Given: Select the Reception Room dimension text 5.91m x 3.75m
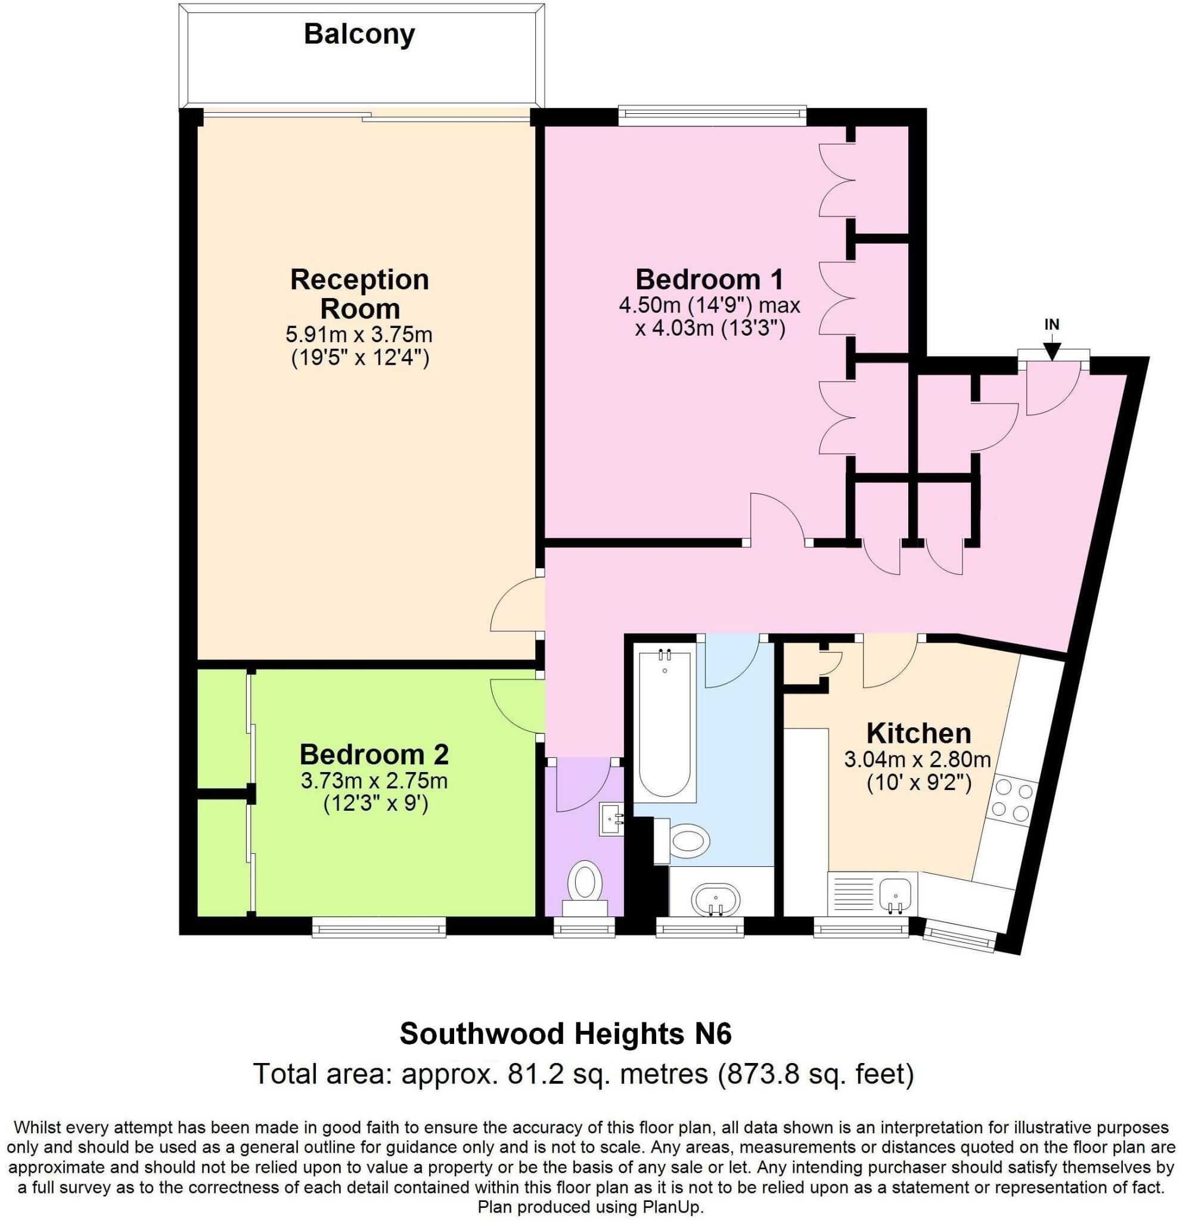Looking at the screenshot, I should [x=359, y=334].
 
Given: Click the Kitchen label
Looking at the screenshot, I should [x=919, y=733].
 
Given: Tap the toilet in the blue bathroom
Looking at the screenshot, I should [x=685, y=841].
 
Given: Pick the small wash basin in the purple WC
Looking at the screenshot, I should [x=611, y=819].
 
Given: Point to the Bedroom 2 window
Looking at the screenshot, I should [x=380, y=929].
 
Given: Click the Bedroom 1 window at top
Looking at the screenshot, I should [x=712, y=113].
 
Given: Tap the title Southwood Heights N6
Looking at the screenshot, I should [x=565, y=1034].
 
